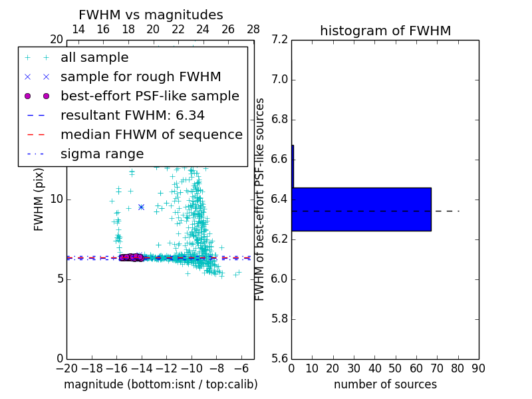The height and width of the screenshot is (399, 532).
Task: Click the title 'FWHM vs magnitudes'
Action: tap(150, 15)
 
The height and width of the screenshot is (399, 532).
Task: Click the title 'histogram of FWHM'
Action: tap(385, 31)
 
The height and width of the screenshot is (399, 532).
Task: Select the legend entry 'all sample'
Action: tap(94, 58)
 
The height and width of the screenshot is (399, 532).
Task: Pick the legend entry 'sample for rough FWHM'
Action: tap(140, 77)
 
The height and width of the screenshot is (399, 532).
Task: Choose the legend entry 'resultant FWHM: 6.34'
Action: tap(132, 116)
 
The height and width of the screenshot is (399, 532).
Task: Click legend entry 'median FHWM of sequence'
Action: tap(151, 135)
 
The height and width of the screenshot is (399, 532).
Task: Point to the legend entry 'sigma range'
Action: tap(102, 154)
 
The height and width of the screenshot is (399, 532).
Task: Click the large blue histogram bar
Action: tap(361, 209)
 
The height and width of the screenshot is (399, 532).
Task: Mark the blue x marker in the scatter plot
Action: tap(141, 207)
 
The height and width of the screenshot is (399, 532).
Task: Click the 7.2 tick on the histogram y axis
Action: tap(279, 40)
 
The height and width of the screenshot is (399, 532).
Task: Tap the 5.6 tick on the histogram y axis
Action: tap(279, 358)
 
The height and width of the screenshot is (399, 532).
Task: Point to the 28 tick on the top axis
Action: tap(253, 29)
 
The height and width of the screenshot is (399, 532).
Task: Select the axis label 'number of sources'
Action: tap(385, 384)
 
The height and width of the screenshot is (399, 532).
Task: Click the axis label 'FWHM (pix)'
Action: tap(39, 199)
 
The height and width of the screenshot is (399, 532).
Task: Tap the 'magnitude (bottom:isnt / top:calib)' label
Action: tap(160, 384)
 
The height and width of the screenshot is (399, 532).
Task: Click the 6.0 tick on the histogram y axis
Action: tap(279, 279)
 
